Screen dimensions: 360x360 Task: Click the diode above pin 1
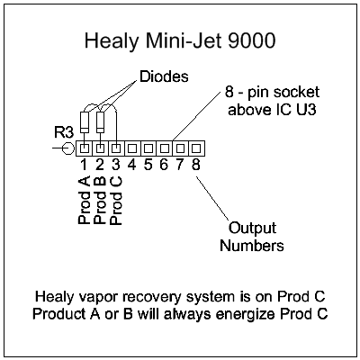(x=85, y=121)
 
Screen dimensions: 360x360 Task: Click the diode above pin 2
(x=101, y=121)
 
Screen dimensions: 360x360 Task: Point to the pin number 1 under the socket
(x=83, y=165)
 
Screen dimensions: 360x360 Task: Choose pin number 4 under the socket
(x=131, y=165)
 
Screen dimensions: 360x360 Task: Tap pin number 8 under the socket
(x=196, y=165)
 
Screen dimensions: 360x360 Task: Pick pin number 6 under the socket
(x=164, y=165)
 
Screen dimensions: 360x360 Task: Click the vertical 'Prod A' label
(x=84, y=199)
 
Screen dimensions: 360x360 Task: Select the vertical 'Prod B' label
(x=99, y=199)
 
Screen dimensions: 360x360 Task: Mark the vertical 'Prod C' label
(x=115, y=199)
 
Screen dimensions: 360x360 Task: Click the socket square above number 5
(x=148, y=147)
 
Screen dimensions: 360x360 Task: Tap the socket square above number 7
(x=180, y=147)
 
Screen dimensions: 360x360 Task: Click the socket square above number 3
(x=115, y=147)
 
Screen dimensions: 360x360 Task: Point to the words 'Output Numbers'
(x=254, y=236)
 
